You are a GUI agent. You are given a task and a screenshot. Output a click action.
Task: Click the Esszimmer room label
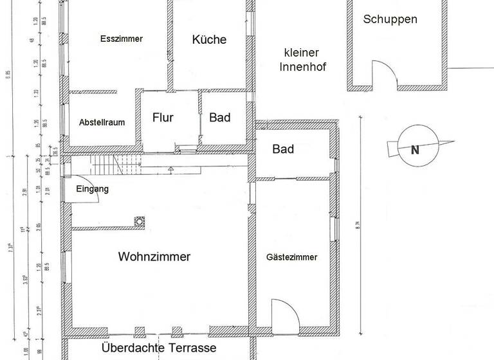tap(121, 39)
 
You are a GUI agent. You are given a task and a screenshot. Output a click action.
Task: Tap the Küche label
tap(209, 39)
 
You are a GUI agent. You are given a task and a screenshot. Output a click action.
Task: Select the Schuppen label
tap(390, 19)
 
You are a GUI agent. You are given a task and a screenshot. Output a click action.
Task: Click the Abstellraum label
tap(102, 122)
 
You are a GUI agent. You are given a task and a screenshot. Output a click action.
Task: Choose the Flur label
tap(163, 118)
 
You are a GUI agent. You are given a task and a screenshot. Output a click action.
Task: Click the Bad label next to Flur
tap(219, 118)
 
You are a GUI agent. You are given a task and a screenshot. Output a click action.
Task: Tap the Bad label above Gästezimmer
tap(283, 149)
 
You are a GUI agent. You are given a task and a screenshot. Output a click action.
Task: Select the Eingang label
tap(92, 189)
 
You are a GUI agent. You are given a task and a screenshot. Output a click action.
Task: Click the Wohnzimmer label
tap(154, 256)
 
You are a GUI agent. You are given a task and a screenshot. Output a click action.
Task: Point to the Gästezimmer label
tap(291, 257)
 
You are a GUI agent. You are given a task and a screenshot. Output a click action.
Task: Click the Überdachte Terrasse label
tap(159, 348)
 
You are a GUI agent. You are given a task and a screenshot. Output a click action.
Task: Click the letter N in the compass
tap(415, 150)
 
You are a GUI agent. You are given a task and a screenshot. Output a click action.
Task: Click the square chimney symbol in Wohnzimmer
tap(138, 222)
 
